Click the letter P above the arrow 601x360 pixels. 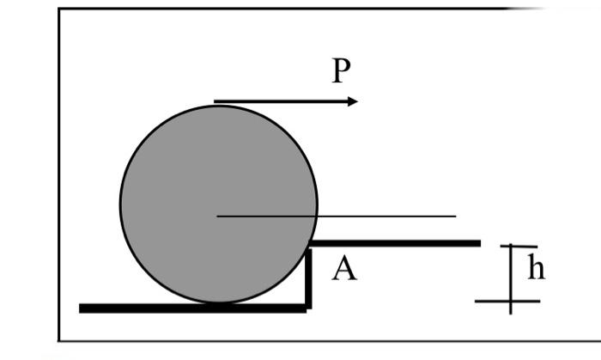pyautogui.click(x=342, y=70)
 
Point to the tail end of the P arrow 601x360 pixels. pyautogui.click(x=216, y=102)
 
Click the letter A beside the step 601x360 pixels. pyautogui.click(x=343, y=270)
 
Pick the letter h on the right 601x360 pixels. pyautogui.click(x=536, y=268)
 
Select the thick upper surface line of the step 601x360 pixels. pyautogui.click(x=395, y=243)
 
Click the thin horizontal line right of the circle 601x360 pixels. pyautogui.click(x=386, y=216)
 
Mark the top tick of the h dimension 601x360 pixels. pyautogui.click(x=519, y=247)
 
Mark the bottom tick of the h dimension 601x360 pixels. pyautogui.click(x=508, y=302)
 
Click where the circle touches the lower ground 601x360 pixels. pyautogui.click(x=218, y=303)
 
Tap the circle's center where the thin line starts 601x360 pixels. pyautogui.click(x=218, y=216)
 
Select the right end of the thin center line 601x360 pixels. pyautogui.click(x=455, y=216)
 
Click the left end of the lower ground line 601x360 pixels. pyautogui.click(x=82, y=308)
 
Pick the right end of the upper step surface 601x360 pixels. pyautogui.click(x=478, y=243)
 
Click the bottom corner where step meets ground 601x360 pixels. pyautogui.click(x=308, y=306)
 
